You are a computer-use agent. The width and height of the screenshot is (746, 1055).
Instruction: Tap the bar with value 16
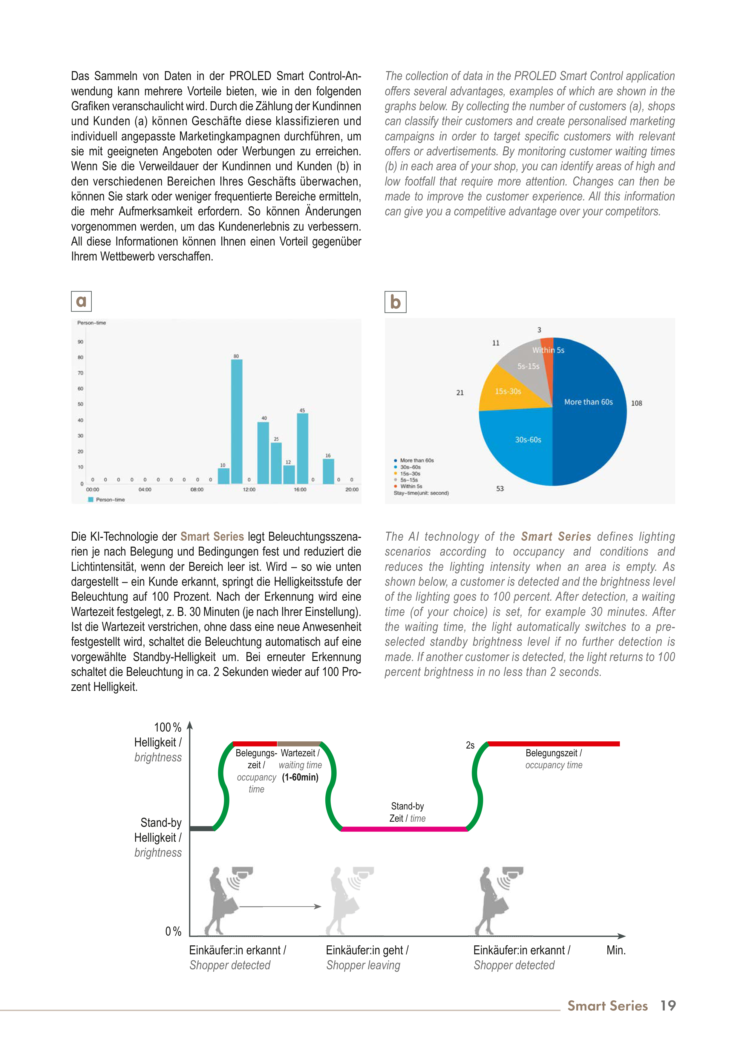point(328,471)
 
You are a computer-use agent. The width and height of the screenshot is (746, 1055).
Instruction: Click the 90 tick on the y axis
point(80,342)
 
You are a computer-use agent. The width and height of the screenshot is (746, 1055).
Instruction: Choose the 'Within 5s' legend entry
point(411,486)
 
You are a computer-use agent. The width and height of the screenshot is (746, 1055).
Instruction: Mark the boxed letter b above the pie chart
point(395,302)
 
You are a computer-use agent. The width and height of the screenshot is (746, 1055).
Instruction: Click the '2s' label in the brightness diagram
point(470,745)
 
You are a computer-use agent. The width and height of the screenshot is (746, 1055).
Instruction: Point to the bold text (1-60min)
point(300,777)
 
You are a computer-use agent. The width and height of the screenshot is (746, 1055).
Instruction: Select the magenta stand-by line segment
point(404,829)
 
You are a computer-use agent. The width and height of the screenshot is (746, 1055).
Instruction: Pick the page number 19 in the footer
point(668,1006)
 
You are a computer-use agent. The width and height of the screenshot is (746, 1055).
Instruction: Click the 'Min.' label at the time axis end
point(616,950)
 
